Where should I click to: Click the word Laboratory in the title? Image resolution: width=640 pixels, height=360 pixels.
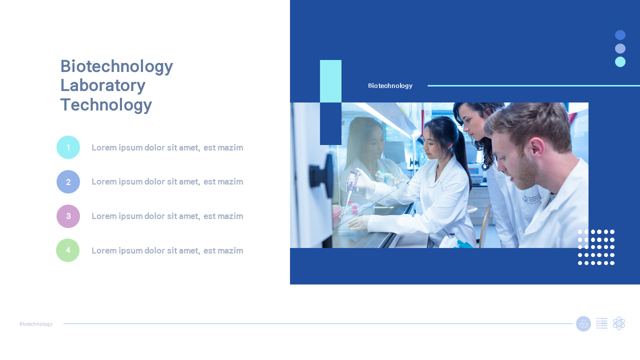pos(102,85)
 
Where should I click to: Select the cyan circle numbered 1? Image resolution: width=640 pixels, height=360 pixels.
pos(68,147)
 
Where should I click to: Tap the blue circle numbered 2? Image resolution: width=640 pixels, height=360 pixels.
pos(68,181)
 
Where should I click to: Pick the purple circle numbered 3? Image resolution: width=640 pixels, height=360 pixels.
pos(68,216)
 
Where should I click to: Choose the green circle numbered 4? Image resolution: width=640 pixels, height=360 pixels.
pos(68,250)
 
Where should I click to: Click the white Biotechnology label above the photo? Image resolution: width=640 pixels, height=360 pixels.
pos(390,85)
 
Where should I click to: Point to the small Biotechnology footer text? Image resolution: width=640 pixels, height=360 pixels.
pos(36,324)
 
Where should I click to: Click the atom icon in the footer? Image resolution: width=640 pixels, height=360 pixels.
pos(619,323)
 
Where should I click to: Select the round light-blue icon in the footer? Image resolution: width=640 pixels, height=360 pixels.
pos(583,323)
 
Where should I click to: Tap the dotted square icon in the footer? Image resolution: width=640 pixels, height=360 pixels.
pos(602,323)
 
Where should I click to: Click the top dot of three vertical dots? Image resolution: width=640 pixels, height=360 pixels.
pos(620,35)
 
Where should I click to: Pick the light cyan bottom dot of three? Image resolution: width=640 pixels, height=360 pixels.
pos(620,62)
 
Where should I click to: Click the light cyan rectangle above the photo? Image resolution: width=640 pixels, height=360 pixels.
pos(330,81)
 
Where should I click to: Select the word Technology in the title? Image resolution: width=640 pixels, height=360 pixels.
pos(106,105)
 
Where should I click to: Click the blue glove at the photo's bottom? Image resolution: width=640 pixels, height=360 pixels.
pos(463,244)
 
